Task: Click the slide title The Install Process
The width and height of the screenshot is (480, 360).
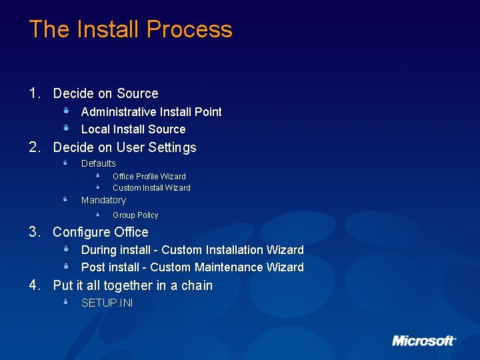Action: click(131, 29)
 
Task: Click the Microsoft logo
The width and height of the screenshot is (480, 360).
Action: click(424, 341)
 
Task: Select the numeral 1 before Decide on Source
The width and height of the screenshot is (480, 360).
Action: click(34, 93)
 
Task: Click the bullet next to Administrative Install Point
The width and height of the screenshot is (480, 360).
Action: click(67, 110)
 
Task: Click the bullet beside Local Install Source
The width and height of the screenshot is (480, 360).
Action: click(67, 127)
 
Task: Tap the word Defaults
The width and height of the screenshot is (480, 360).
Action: click(99, 163)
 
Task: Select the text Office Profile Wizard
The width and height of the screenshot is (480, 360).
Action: click(149, 177)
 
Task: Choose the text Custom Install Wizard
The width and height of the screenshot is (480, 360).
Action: click(151, 188)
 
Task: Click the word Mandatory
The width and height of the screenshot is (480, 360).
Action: click(103, 200)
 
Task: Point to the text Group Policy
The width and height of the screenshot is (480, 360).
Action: click(135, 215)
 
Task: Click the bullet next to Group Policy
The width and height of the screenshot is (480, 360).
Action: click(97, 214)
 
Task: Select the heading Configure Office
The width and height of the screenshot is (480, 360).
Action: click(101, 232)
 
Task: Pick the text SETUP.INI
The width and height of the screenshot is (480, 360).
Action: click(107, 303)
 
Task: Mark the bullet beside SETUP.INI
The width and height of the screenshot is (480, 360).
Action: click(67, 301)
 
